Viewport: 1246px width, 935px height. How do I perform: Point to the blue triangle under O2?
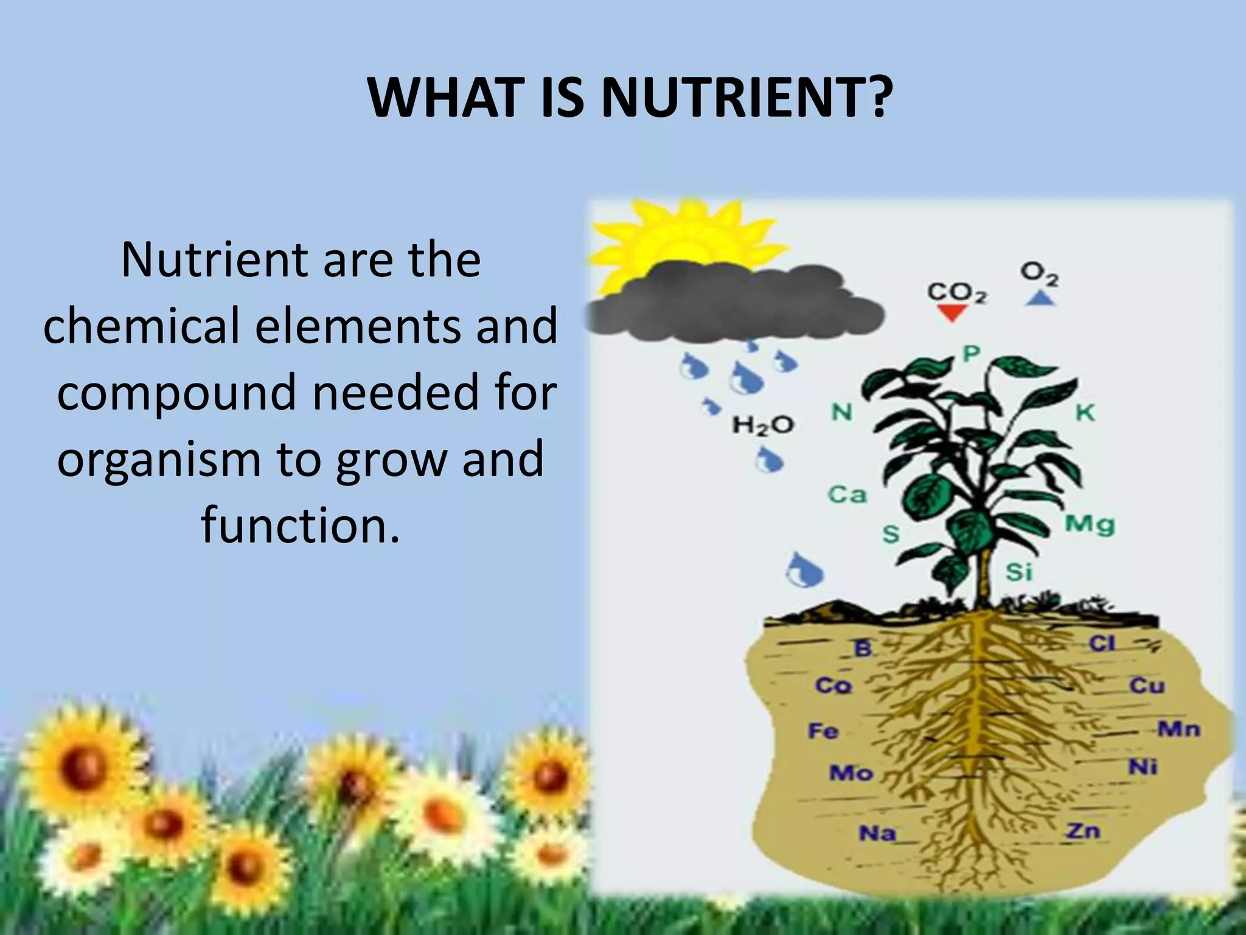click(1040, 298)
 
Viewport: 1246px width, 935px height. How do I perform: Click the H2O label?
click(763, 424)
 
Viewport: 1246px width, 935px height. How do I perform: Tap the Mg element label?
click(1089, 524)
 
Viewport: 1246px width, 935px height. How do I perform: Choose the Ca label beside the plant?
click(847, 494)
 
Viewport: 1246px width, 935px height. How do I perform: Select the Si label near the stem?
click(1018, 572)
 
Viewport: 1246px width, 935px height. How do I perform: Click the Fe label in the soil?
click(823, 730)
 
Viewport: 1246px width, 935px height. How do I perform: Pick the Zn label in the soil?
click(1084, 830)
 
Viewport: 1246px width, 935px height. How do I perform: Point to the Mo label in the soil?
click(851, 773)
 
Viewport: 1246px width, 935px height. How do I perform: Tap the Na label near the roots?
click(877, 833)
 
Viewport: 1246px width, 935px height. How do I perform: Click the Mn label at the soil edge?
click(1178, 729)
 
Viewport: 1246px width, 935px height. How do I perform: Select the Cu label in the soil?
click(1147, 686)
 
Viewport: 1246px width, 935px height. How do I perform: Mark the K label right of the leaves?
click(1085, 413)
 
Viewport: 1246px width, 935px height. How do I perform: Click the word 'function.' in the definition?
click(301, 524)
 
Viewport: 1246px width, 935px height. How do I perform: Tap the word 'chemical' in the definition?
click(141, 325)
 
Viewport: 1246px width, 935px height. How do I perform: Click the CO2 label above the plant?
click(956, 293)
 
